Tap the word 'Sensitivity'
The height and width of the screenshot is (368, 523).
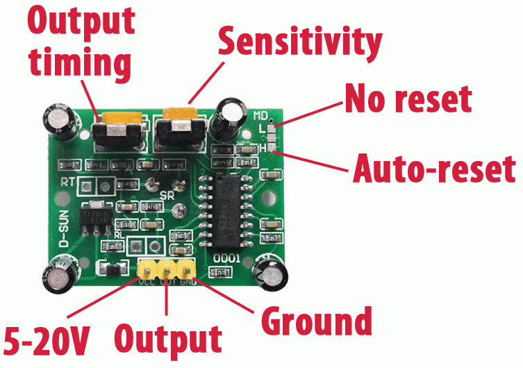click(299, 41)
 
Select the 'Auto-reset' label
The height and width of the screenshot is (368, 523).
click(435, 168)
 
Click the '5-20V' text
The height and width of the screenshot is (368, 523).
click(47, 340)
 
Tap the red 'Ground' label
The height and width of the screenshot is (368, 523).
click(316, 322)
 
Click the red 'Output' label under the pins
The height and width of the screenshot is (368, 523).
click(168, 340)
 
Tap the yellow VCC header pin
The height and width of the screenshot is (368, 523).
click(147, 269)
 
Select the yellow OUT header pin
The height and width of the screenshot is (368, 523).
click(167, 269)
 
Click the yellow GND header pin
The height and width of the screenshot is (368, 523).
click(185, 269)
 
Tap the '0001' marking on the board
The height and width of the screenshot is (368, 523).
click(226, 258)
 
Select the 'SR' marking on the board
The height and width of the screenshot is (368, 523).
click(167, 195)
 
